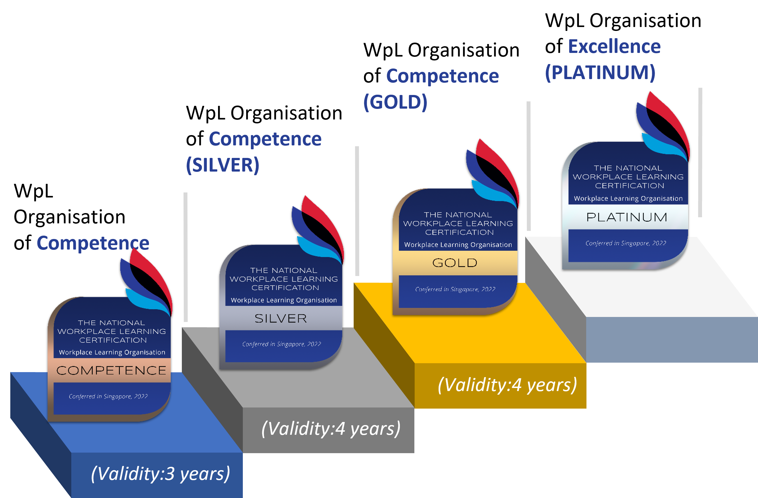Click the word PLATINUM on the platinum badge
tap(627, 217)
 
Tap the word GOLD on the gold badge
tap(455, 263)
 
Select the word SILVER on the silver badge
tap(281, 318)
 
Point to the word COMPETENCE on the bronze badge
tap(111, 370)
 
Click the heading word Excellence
tap(614, 47)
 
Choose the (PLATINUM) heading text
tap(600, 73)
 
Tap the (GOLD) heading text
tap(395, 102)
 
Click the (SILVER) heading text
tap(222, 165)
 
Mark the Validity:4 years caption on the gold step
tap(507, 385)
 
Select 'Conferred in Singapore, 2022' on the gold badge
tap(455, 289)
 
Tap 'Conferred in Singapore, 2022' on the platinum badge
tap(625, 243)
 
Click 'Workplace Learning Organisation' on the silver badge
tap(283, 300)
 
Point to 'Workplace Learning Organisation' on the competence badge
tap(112, 352)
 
